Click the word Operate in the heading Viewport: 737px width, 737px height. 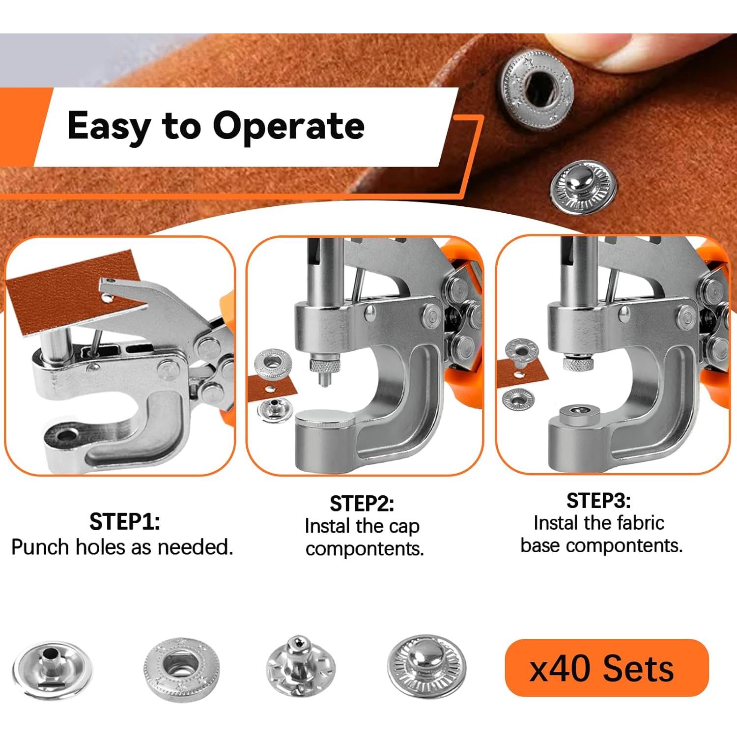pyautogui.click(x=288, y=126)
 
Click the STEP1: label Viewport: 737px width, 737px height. pyautogui.click(x=124, y=522)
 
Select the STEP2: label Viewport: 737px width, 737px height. pyautogui.click(x=362, y=504)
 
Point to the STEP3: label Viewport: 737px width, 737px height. pyautogui.click(x=598, y=501)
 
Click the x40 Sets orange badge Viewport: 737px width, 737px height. pyautogui.click(x=606, y=668)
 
